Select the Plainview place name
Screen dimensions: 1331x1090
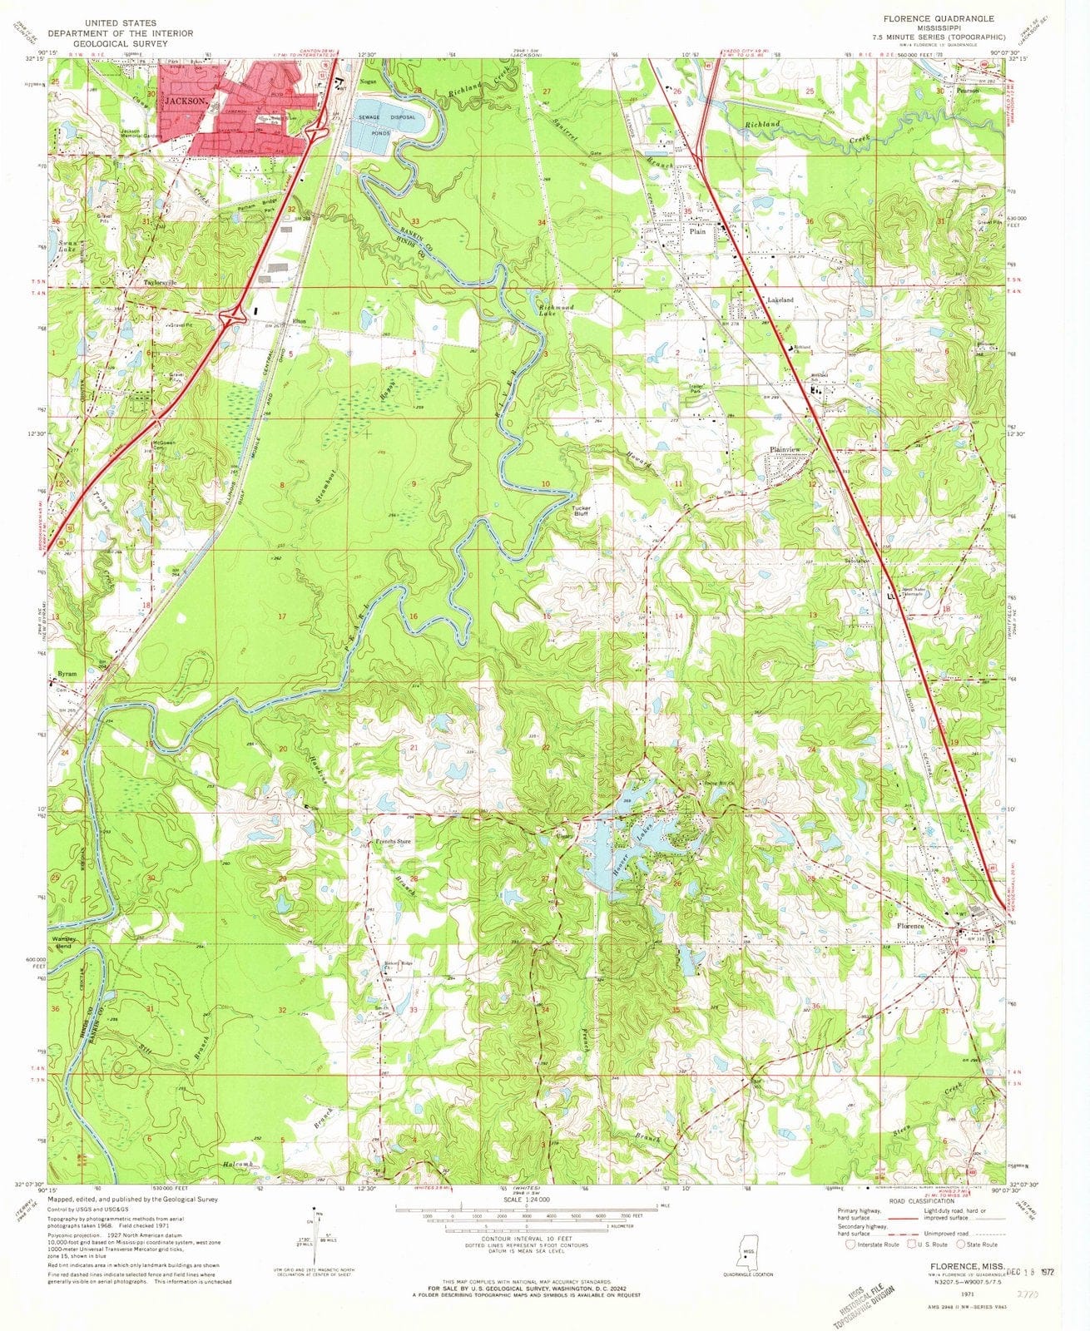point(786,450)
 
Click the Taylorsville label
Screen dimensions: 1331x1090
point(161,283)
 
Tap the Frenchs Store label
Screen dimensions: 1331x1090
point(393,842)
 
